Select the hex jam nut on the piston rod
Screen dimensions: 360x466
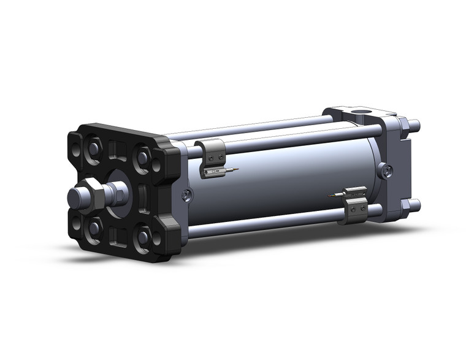click(93, 193)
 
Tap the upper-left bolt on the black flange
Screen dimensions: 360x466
click(94, 149)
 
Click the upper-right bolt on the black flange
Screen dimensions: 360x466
click(143, 158)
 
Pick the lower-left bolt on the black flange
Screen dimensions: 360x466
click(94, 228)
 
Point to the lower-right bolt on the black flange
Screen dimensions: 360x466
click(142, 236)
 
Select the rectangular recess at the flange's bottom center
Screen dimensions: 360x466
click(118, 236)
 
